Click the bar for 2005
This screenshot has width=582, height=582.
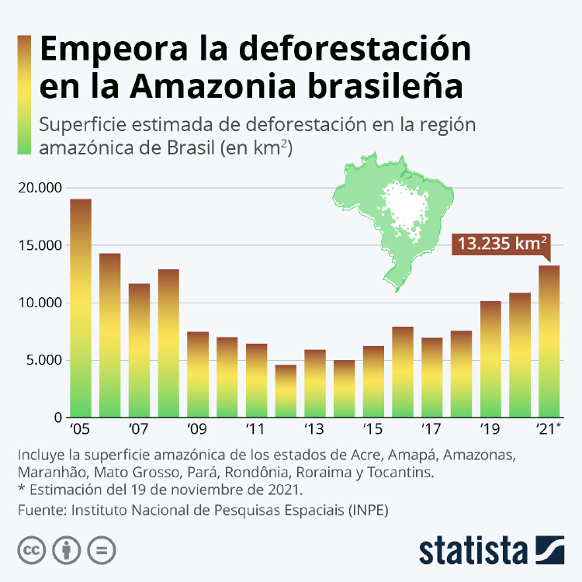coord(81,308)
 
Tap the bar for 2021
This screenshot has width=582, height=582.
coord(549,341)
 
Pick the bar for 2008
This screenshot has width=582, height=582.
coord(168,343)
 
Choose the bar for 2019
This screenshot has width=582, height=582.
coord(490,359)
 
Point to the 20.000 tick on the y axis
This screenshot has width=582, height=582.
coord(38,188)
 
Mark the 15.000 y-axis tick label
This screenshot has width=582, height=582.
coord(38,245)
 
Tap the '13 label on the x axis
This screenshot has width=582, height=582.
coord(314,428)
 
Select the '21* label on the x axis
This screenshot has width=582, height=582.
coord(550,428)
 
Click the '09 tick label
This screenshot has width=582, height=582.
coord(197,428)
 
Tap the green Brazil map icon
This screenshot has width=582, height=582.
coord(392,213)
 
